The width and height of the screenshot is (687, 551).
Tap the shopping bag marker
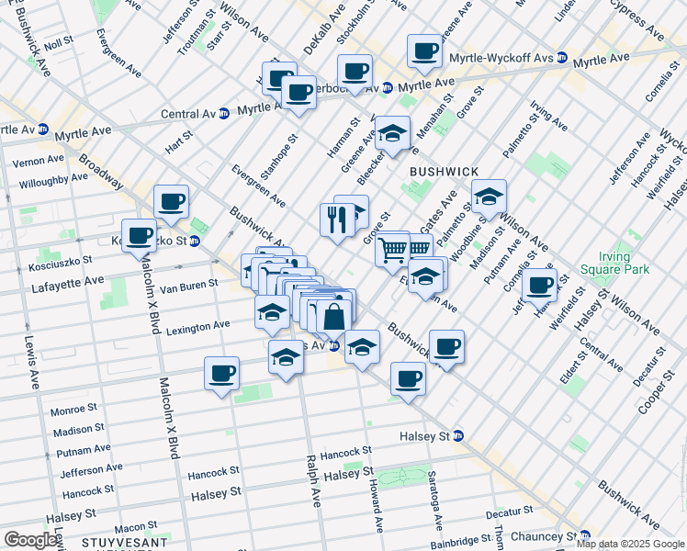tap(334, 319)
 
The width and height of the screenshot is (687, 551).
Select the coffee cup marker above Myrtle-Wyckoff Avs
tap(424, 51)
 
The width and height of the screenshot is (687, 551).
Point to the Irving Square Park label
tap(614, 261)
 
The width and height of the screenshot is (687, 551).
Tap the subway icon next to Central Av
tap(223, 114)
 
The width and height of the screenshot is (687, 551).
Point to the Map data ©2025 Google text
tap(630, 544)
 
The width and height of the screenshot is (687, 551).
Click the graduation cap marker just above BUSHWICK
tap(393, 134)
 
